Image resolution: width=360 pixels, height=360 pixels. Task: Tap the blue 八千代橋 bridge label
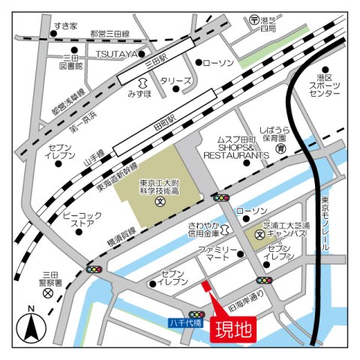(186, 324)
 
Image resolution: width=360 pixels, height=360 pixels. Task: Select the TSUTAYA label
(115, 55)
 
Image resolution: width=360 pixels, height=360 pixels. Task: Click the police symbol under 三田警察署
(49, 294)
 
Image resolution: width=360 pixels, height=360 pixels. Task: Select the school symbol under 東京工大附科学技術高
(160, 202)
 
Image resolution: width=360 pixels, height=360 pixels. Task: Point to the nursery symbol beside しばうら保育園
(279, 149)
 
